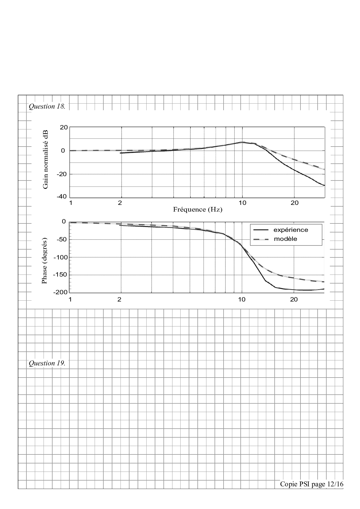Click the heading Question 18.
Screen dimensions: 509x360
47,107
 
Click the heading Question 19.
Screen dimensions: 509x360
47,363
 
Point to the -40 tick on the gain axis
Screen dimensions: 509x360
62,197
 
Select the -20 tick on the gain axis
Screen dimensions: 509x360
62,174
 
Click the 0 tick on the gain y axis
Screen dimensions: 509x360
63,151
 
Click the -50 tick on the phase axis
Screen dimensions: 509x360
62,239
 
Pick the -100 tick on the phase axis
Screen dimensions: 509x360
60,257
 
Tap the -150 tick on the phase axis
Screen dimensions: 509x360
60,275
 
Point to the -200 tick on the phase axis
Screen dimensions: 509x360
60,292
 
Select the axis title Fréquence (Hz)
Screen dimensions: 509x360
198,210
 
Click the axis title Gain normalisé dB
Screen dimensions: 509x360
45,160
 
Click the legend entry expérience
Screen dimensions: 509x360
291,230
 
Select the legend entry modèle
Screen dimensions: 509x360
286,239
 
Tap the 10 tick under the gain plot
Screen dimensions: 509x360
242,203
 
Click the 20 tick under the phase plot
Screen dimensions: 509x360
294,299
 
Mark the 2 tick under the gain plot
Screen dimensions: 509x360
120,203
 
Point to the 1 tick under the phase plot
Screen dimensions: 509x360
70,299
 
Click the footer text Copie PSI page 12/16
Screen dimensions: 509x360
312,484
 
